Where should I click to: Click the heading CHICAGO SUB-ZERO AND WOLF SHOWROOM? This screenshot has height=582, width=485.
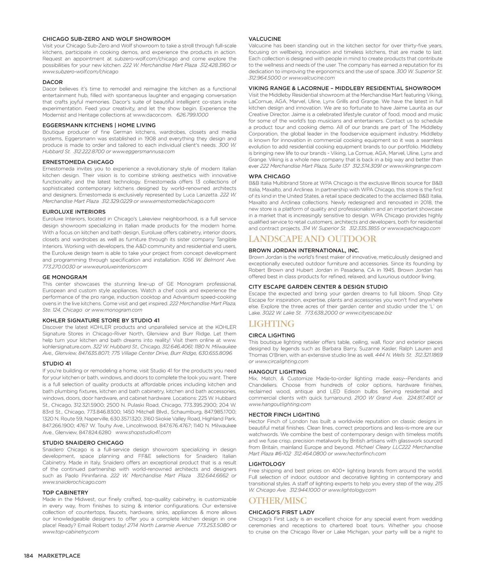tap(106, 39)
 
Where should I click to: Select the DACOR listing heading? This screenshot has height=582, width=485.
tap(53, 82)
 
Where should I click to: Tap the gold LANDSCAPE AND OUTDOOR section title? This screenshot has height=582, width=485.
tap(312, 239)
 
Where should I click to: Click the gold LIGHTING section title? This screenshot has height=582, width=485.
tap(271, 324)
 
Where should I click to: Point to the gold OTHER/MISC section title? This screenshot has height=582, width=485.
tap(277, 501)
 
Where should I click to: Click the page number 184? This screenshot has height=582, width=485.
tap(28, 556)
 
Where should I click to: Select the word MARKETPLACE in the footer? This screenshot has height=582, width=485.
tap(59, 556)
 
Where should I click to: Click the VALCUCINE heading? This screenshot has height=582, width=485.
tap(265, 39)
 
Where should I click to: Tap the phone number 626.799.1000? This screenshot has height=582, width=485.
tap(192, 115)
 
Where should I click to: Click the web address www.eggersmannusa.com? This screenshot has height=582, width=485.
tap(143, 152)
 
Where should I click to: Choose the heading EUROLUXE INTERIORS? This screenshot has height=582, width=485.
tap(74, 212)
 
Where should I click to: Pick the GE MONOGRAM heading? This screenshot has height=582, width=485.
tap(65, 277)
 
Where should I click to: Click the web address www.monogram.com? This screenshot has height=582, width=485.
tap(117, 310)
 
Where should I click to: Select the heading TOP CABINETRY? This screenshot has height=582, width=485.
tap(65, 493)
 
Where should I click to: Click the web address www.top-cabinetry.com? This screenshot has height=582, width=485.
tap(71, 532)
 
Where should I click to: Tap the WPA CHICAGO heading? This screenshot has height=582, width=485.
tap(269, 177)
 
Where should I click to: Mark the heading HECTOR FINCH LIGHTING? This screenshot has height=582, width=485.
tap(284, 415)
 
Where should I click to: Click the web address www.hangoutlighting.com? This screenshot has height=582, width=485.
tap(280, 404)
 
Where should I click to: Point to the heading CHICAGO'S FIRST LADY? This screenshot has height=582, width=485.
tap(281, 512)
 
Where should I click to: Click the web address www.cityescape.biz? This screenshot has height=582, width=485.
tap(369, 313)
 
